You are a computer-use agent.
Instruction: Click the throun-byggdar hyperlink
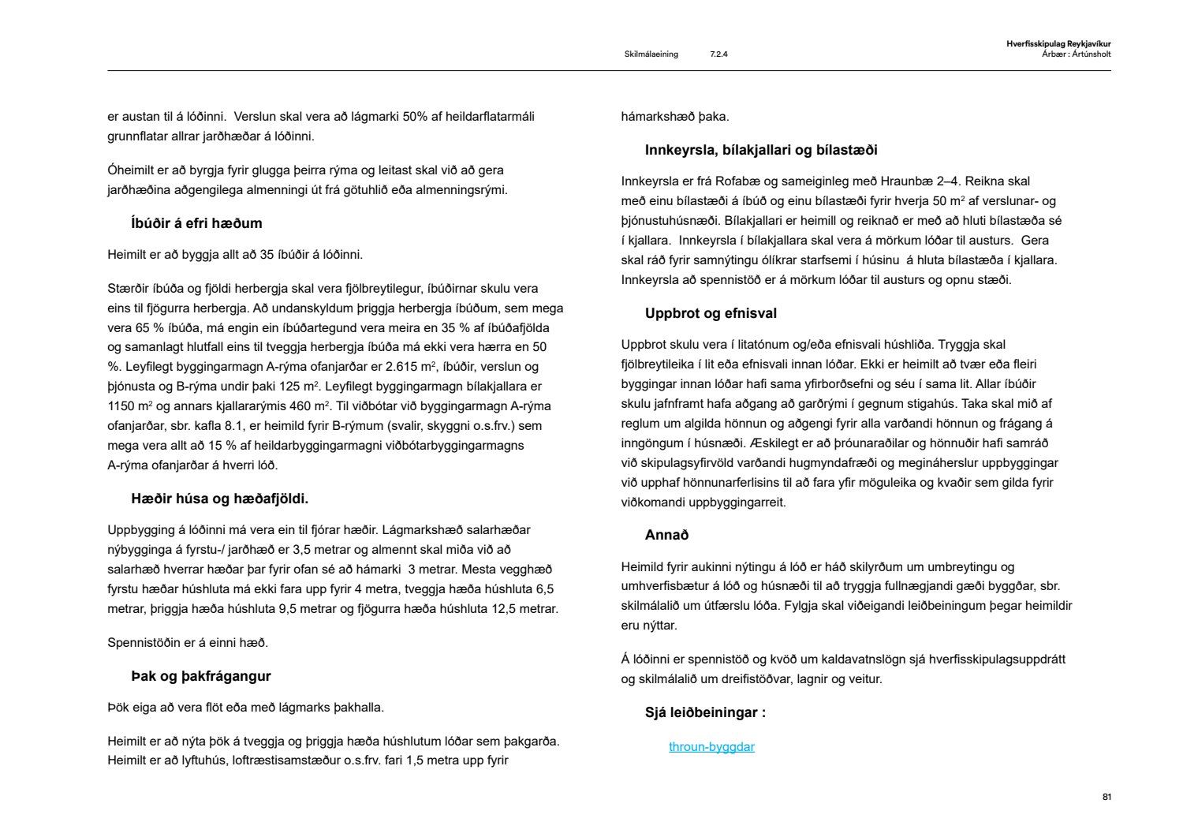click(711, 747)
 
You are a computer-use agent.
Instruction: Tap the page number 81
click(1106, 798)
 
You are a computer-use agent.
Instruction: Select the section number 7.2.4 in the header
click(718, 54)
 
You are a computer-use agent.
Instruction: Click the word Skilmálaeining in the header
click(651, 54)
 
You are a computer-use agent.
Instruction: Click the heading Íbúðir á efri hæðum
click(196, 223)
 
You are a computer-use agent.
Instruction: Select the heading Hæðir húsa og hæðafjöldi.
click(219, 499)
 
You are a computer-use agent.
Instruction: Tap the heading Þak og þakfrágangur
click(200, 676)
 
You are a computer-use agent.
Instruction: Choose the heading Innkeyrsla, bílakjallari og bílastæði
click(760, 150)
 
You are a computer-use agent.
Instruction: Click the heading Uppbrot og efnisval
click(711, 313)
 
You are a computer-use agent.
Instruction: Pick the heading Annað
click(666, 535)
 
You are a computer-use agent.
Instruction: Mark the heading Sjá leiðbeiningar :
click(705, 713)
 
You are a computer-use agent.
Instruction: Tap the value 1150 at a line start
click(121, 406)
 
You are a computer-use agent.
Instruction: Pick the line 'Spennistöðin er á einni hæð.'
click(188, 643)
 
